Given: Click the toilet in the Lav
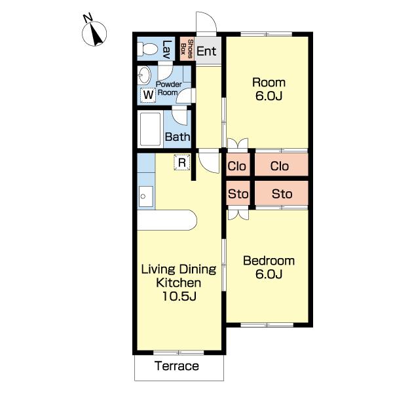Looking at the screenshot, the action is pos(147,48).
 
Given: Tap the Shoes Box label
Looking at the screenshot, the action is pos(187,48).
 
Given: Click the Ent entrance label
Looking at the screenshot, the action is pos(206,51).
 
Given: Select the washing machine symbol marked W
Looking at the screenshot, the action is pos(148,95).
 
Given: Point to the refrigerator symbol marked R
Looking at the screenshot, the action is pos(182,162).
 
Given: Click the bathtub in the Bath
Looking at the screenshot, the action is pos(150,129).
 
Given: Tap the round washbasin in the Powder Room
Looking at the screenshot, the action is pos(144,75).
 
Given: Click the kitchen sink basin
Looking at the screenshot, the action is pos(145,196).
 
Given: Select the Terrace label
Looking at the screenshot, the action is pos(177,366).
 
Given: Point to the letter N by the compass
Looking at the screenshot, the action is pos(88,18).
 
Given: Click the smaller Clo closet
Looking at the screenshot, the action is pos(238,164).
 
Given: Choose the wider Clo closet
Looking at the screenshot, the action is pos(282,164).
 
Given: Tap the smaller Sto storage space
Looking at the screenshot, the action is pos(238,193).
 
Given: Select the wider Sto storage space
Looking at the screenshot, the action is pos(282,193).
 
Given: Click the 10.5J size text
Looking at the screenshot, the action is pos(179,296).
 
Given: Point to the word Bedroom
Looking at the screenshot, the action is pos(269,261).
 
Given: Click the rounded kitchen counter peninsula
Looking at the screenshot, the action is pos(167,220).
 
